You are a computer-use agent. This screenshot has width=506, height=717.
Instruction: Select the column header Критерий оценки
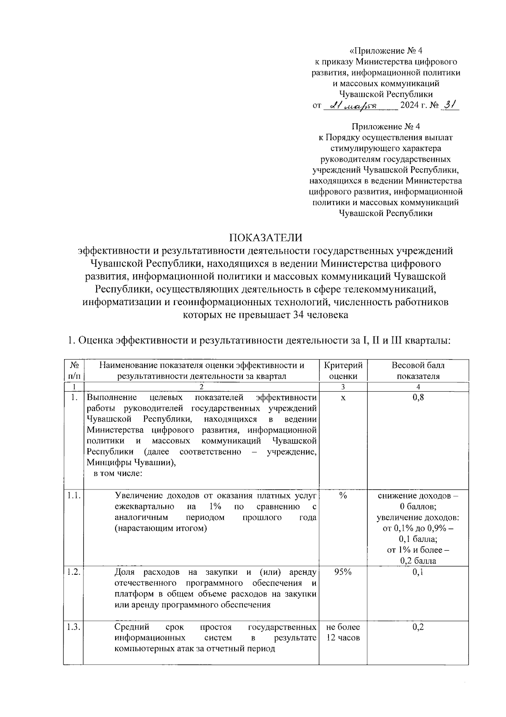[342, 371]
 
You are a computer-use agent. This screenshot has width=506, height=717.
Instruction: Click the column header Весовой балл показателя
[417, 371]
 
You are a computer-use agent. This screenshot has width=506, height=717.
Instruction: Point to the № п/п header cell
[73, 371]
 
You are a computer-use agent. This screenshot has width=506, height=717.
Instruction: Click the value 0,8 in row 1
[417, 398]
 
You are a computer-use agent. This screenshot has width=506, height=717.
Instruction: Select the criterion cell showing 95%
[342, 572]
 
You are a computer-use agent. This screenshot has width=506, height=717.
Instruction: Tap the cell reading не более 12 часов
[342, 632]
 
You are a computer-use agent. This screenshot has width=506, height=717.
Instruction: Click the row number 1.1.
[73, 495]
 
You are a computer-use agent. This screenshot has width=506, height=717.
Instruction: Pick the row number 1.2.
[73, 572]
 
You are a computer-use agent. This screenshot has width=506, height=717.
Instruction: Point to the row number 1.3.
[73, 627]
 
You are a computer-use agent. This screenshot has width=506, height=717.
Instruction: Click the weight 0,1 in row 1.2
[417, 572]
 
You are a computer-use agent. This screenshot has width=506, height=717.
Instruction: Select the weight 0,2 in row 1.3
[417, 627]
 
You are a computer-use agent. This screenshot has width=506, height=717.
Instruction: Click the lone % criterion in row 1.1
[342, 495]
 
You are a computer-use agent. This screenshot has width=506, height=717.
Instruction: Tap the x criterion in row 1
[342, 398]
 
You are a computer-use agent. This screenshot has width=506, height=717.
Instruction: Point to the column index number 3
[342, 387]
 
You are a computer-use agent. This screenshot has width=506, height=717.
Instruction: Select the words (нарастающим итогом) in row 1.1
[161, 528]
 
